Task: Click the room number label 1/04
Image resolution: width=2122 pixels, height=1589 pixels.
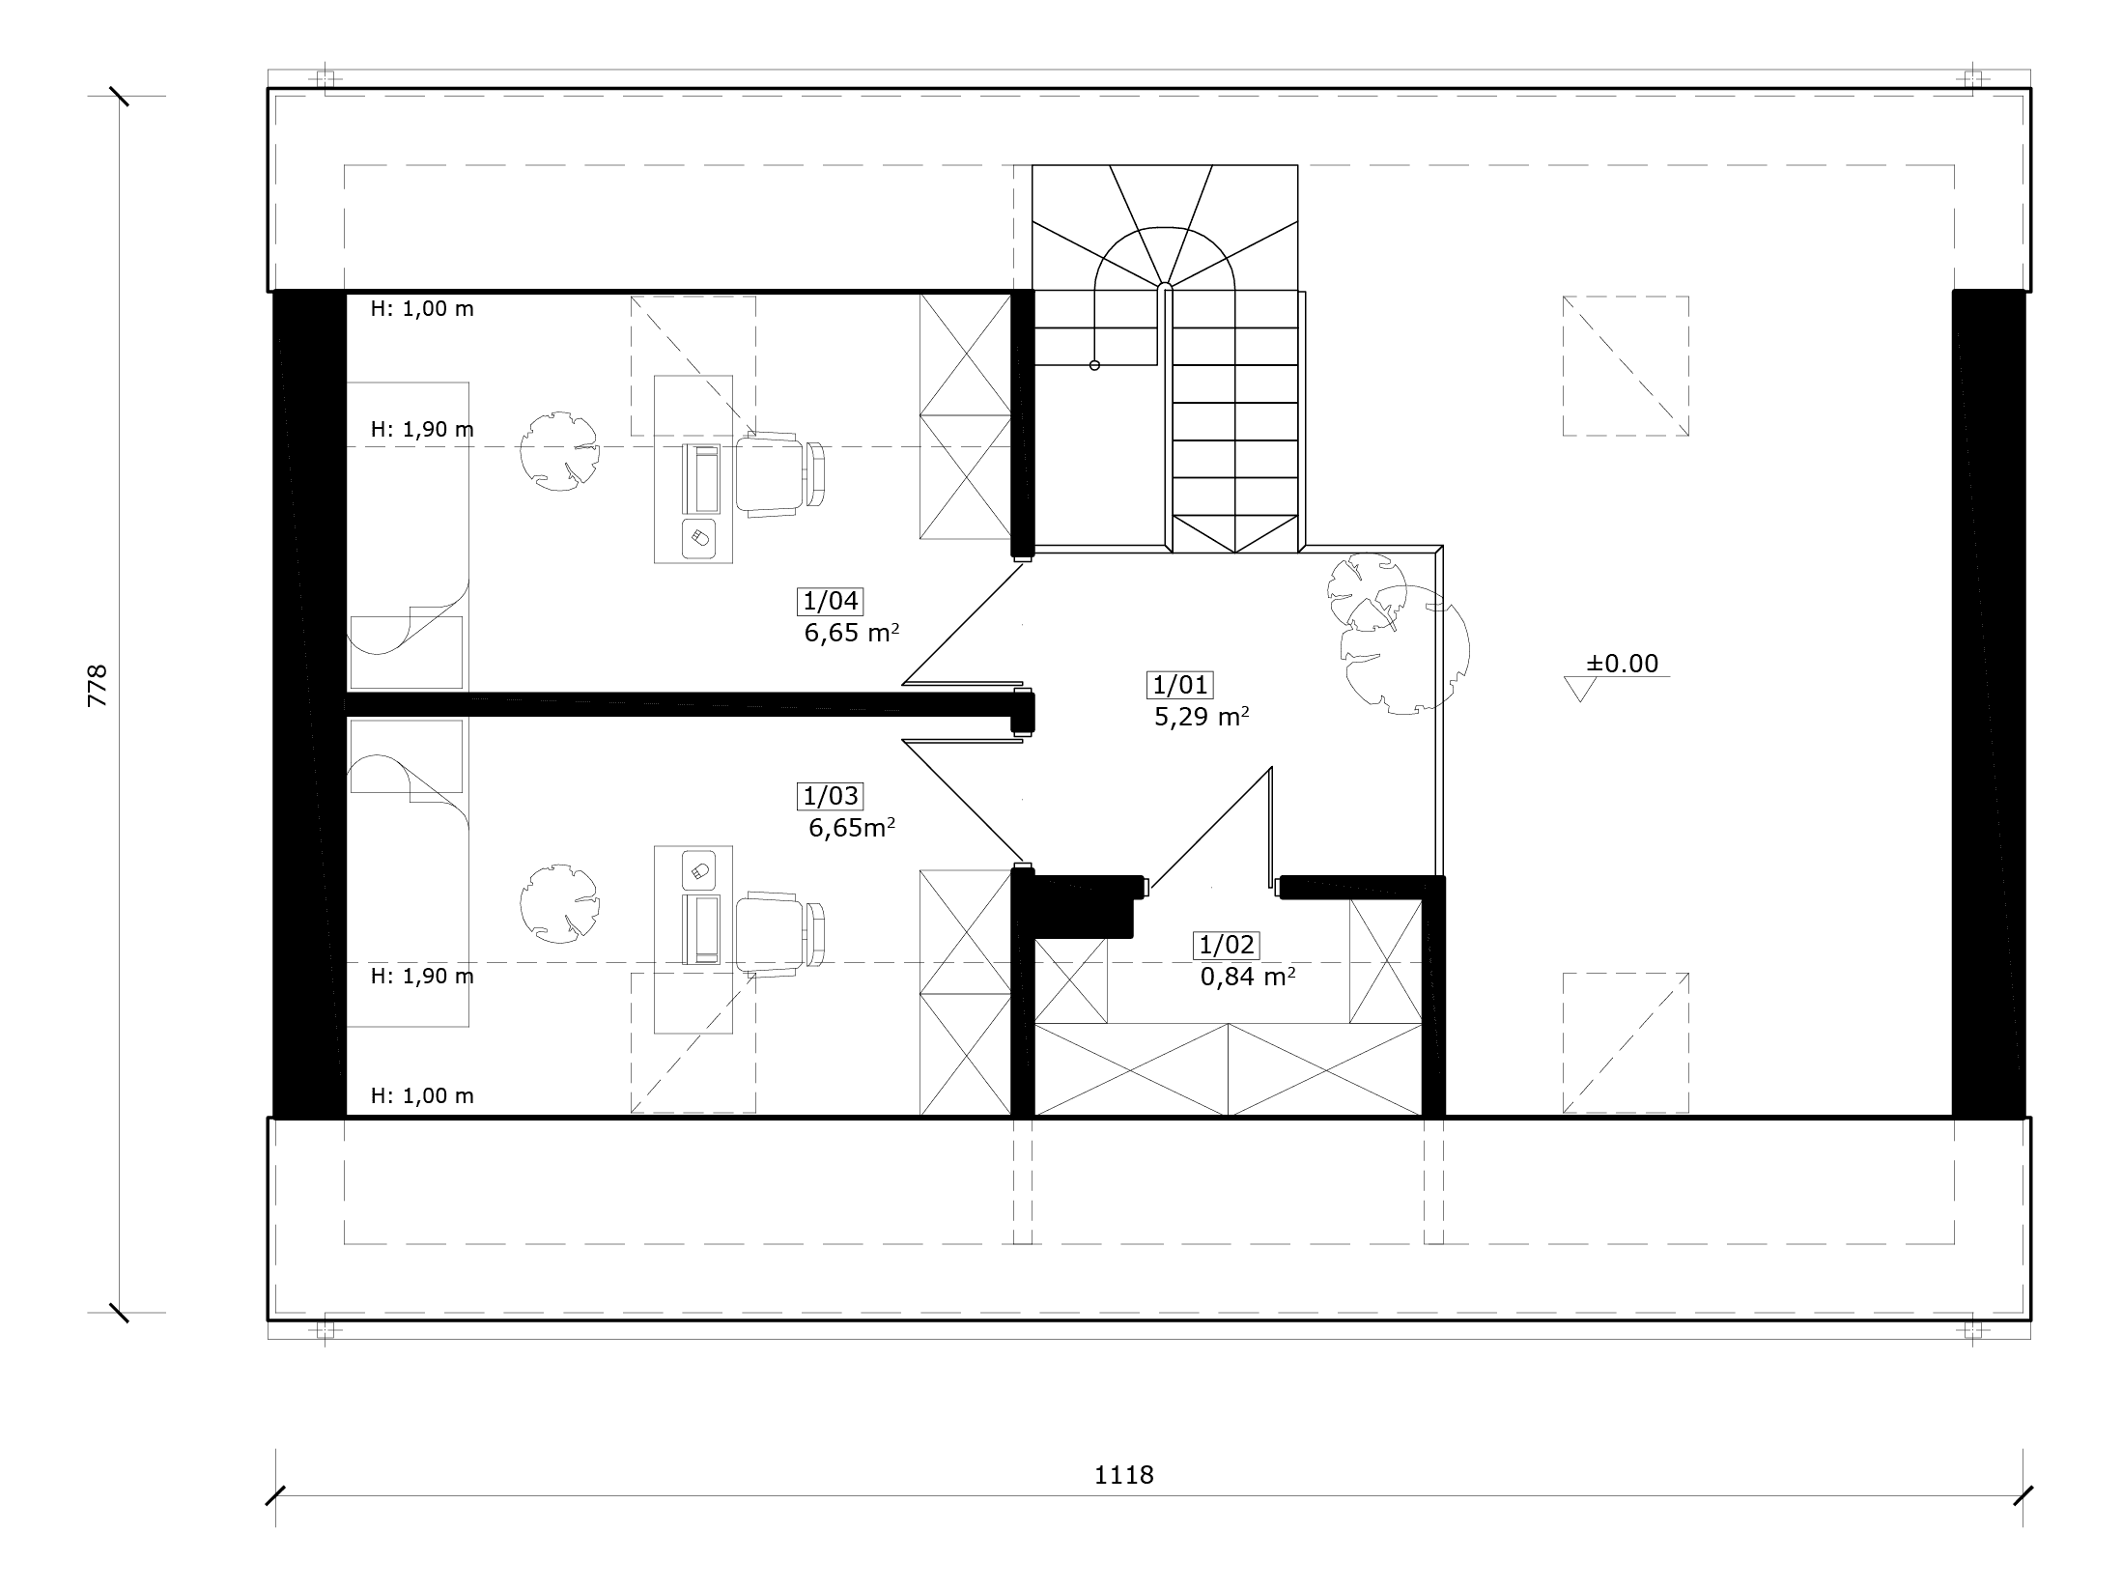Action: (x=831, y=601)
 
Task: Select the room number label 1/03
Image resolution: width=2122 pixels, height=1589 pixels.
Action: (x=831, y=796)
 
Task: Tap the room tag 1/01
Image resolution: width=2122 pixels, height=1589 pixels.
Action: (x=1180, y=685)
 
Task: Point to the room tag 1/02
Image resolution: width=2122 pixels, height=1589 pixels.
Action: (x=1227, y=945)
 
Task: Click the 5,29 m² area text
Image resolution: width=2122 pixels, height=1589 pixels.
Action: (x=1202, y=717)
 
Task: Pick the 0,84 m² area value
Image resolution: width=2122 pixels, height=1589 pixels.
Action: (x=1247, y=977)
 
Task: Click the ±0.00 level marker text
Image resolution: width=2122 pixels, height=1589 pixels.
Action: (x=1622, y=664)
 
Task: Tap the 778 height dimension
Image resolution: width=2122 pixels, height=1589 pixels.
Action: (x=98, y=686)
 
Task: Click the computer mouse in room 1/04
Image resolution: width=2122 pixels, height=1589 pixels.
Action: (x=698, y=537)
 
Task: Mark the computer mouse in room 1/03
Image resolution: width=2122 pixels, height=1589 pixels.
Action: (x=698, y=870)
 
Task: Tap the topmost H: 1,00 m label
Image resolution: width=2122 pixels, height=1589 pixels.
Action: (x=422, y=309)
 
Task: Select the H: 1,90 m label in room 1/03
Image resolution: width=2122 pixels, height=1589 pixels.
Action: (x=422, y=976)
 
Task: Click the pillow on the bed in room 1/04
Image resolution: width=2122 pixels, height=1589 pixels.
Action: (x=406, y=651)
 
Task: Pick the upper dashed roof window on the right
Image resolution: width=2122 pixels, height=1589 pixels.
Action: (x=1626, y=365)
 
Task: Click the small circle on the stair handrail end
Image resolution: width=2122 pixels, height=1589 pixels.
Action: (x=1094, y=365)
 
